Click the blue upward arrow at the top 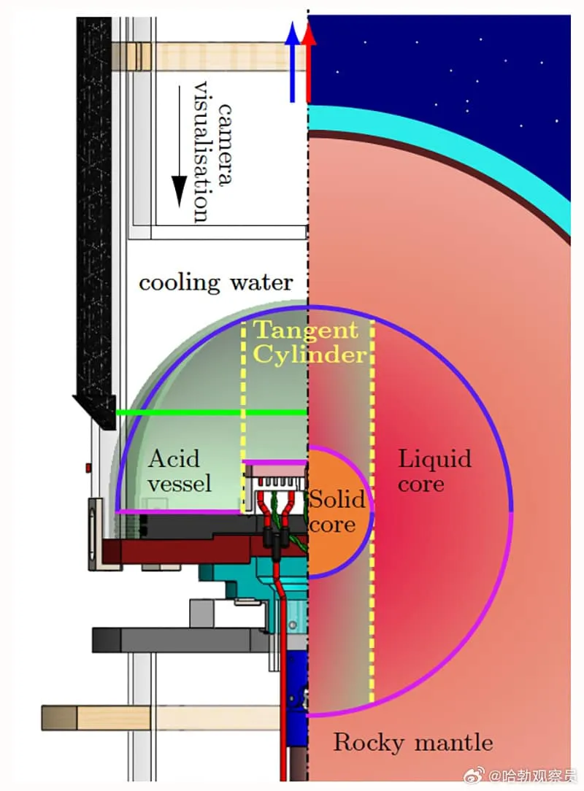tap(293, 62)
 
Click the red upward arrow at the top tap(309, 62)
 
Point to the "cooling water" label tap(216, 282)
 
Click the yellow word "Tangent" tap(305, 331)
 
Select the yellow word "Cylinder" tap(308, 355)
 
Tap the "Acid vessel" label tap(179, 471)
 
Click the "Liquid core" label tap(434, 471)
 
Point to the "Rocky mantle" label tap(413, 743)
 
